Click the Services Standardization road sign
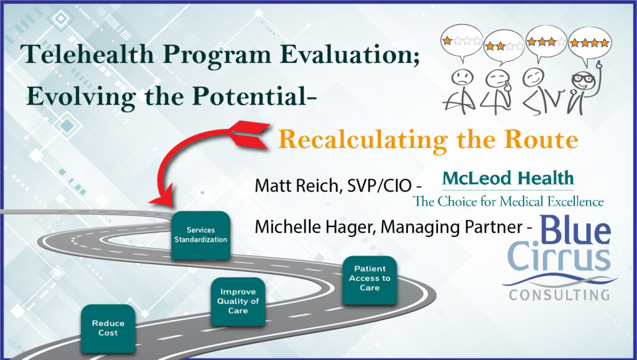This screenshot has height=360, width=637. (201, 235)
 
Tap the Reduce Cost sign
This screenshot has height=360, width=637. (108, 328)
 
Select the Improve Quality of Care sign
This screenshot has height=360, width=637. (238, 302)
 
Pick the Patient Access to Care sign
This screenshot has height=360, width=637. (370, 280)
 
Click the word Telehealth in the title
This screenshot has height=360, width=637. (87, 54)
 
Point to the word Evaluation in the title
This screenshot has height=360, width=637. (350, 54)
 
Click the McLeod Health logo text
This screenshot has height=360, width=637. (508, 178)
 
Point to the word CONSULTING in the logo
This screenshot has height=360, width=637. (559, 295)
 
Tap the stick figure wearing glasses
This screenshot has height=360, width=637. (584, 88)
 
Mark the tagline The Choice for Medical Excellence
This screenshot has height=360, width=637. (508, 201)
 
